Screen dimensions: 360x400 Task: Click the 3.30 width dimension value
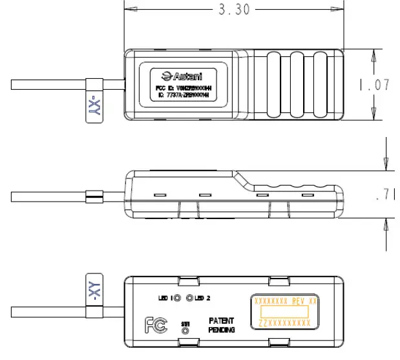232,10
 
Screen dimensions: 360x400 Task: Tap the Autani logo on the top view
184,75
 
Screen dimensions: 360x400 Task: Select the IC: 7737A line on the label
184,95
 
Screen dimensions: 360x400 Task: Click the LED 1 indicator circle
176,298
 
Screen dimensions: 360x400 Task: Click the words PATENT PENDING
221,325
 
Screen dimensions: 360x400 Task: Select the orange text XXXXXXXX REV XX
285,301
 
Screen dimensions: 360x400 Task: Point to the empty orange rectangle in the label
285,312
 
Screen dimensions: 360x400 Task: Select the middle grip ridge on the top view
297,85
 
